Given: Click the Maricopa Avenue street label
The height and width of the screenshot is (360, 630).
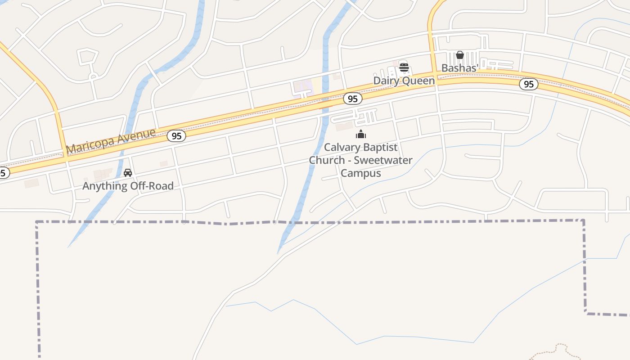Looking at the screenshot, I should point(111,141).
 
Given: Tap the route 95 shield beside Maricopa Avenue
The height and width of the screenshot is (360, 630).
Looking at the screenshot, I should point(176,135).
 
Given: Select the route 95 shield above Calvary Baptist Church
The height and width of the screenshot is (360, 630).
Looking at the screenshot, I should point(353,98).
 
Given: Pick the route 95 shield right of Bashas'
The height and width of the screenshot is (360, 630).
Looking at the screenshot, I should point(529,84).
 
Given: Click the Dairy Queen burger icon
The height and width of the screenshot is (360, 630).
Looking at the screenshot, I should point(404,68).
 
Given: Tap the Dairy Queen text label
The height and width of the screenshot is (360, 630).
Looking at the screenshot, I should point(404,81).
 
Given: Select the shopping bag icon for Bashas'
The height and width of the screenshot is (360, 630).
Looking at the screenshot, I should point(459,55).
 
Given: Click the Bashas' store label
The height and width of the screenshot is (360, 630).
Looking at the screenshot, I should point(459,68).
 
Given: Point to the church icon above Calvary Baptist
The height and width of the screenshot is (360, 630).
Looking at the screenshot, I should point(361,134).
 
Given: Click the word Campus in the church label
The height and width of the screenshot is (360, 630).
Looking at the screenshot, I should point(361,173).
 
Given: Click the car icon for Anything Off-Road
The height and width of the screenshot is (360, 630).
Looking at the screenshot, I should point(128,173).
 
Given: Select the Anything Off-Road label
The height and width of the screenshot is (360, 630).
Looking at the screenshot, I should point(128,185).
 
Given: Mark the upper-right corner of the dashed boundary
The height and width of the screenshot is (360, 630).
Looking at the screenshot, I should point(584,220).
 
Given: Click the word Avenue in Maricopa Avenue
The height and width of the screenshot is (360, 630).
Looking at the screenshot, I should point(134,136).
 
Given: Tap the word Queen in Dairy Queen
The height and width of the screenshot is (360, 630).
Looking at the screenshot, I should point(418,81).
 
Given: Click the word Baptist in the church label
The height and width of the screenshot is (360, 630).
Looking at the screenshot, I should point(381,148).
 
